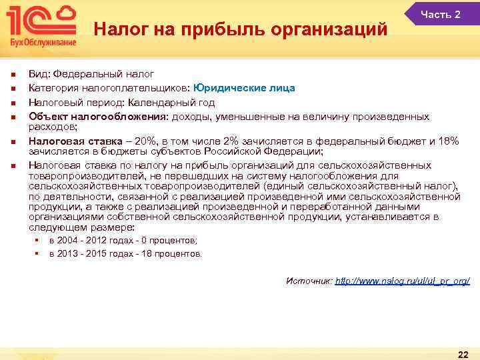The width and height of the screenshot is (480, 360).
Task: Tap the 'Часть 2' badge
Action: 441,15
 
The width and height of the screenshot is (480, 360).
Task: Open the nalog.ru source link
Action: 402,281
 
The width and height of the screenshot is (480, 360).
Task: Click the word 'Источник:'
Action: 309,281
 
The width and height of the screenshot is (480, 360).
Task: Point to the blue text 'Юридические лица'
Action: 249,88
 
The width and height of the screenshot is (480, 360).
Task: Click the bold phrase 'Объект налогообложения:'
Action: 99,117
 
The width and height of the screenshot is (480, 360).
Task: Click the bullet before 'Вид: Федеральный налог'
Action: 12,74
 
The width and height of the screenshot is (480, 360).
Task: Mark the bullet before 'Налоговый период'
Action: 12,103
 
